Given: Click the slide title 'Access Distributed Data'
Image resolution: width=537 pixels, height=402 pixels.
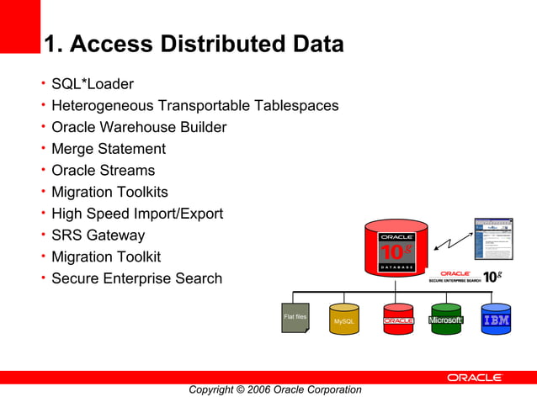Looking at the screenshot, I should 193,44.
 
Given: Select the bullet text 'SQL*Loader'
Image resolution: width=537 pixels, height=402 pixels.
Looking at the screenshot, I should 92,84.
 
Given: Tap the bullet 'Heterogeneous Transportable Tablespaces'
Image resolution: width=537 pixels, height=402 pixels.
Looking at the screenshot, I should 194,106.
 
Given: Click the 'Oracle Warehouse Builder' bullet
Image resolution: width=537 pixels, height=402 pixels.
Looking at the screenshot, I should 138,128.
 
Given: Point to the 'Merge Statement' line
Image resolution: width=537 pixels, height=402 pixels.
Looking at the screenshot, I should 108,149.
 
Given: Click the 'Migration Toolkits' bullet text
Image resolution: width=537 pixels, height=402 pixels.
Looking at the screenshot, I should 109,193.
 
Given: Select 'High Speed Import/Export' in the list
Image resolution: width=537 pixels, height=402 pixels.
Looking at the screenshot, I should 136,214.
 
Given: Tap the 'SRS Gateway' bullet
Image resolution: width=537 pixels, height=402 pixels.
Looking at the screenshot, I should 98,235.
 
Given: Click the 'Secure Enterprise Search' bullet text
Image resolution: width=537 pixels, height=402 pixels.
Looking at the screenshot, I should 136,278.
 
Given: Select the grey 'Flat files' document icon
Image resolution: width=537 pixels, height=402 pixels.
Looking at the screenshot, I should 295,318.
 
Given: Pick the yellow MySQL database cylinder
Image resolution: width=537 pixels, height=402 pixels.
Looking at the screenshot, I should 344,320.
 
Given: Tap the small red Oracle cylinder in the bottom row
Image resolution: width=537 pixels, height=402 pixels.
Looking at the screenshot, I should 398,320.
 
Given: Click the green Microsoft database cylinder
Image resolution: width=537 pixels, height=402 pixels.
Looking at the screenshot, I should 446,320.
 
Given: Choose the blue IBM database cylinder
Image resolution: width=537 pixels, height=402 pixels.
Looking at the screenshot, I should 496,320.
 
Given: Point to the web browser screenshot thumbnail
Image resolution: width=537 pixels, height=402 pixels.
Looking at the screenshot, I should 493,239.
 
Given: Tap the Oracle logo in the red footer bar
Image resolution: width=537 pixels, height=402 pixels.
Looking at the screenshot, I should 475,378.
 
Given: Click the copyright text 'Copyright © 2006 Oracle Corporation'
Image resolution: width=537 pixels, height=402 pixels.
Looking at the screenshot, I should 274,389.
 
